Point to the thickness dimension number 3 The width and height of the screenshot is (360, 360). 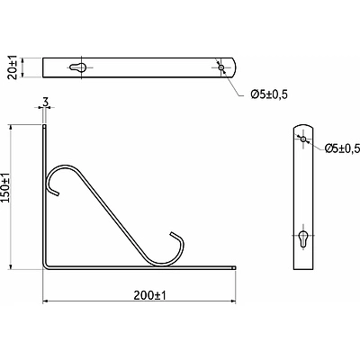point(45,103)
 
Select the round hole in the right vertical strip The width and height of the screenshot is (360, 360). point(303,139)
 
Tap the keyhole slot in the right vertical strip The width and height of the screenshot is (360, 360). point(303,238)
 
